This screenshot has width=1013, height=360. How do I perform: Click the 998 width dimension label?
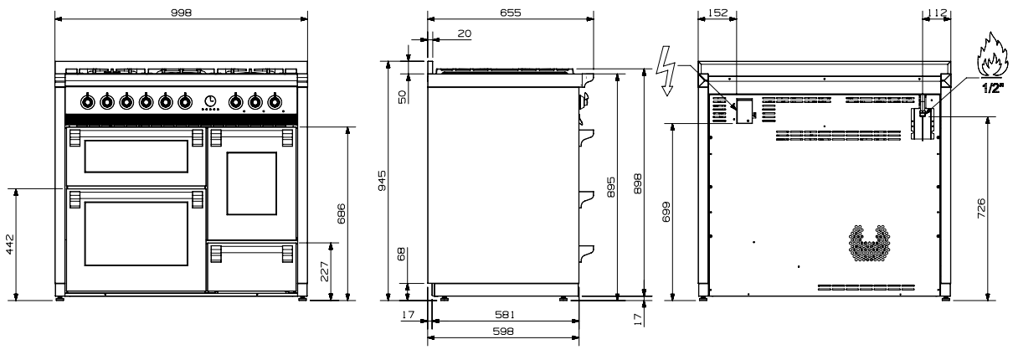click(182, 13)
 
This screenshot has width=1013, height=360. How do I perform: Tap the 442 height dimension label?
click(10, 244)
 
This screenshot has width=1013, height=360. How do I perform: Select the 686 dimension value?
click(341, 213)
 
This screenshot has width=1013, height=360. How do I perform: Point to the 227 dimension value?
click(324, 271)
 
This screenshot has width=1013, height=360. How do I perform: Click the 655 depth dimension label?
click(511, 13)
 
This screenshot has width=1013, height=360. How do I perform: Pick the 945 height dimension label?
click(382, 181)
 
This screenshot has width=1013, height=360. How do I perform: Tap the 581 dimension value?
click(504, 314)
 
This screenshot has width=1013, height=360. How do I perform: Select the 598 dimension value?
click(503, 331)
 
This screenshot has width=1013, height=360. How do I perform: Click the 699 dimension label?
click(666, 212)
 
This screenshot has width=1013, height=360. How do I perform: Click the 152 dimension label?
click(717, 13)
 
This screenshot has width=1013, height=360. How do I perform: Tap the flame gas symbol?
click(992, 60)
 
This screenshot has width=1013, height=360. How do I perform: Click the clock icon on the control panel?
click(210, 100)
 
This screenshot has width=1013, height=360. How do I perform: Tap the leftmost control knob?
click(87, 102)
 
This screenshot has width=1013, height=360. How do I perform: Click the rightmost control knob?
click(274, 102)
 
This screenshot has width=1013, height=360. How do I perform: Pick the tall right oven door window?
click(251, 183)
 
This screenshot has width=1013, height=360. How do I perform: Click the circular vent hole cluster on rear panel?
click(868, 244)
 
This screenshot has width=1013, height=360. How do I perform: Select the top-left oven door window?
click(136, 156)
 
